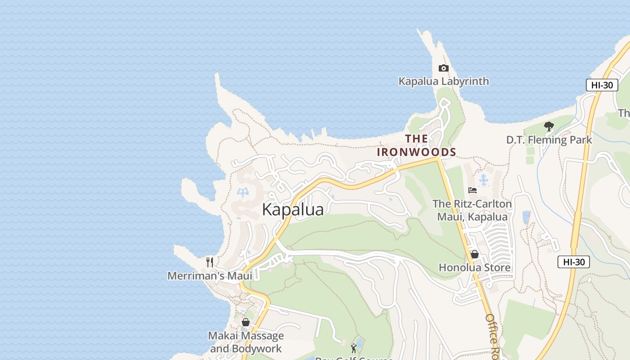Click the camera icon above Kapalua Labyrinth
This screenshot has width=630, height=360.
tap(443, 68)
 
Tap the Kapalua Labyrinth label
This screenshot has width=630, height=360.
tap(443, 81)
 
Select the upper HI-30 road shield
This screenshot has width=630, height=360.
tap(602, 85)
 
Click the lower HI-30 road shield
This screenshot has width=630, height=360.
tap(573, 261)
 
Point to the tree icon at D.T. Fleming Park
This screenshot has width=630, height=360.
tap(549, 126)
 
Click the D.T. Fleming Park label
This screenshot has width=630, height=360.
tap(549, 140)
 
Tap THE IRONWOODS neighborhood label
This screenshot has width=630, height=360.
tap(416, 145)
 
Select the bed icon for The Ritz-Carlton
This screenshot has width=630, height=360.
tap(472, 190)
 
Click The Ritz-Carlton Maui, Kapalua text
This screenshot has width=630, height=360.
tap(472, 210)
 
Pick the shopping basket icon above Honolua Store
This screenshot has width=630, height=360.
tap(474, 254)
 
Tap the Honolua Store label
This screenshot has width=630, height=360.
tap(474, 268)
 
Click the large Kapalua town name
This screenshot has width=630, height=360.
tap(292, 210)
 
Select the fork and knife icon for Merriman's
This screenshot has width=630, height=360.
tap(210, 262)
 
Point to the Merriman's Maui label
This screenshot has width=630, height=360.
tap(210, 275)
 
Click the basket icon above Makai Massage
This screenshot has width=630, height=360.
tap(246, 322)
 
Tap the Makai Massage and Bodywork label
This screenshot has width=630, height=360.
tap(246, 342)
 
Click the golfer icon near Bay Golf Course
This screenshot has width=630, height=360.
tap(354, 348)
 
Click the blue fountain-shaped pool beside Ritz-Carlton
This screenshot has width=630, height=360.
tap(484, 180)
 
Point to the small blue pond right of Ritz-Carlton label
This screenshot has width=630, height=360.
tap(526, 218)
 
